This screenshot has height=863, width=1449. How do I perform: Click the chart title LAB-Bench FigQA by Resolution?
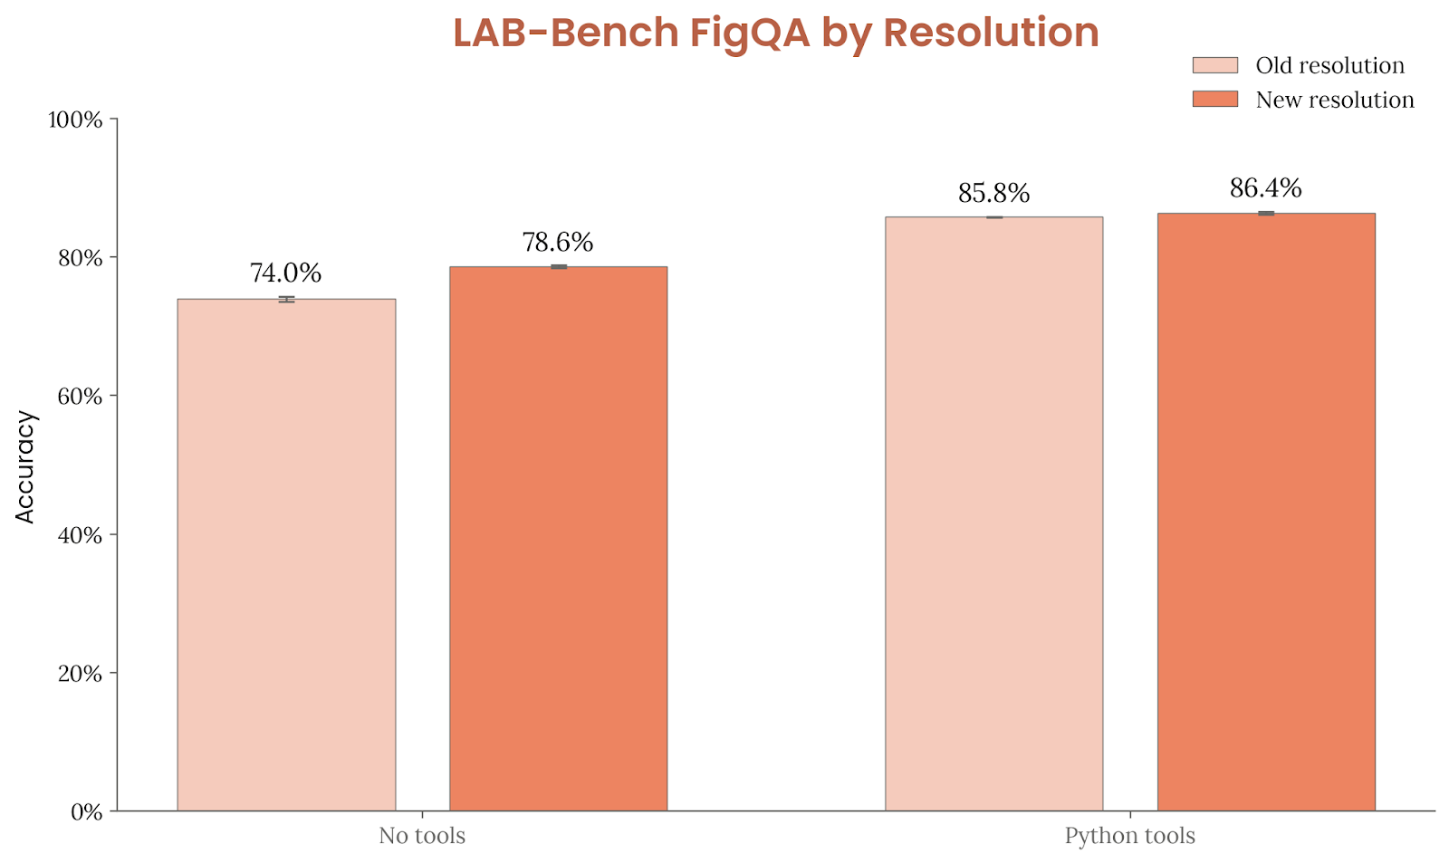click(775, 34)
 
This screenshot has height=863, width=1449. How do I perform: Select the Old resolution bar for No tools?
click(286, 554)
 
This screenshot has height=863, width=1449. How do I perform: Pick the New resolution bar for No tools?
click(558, 538)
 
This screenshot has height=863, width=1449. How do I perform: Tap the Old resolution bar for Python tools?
click(993, 513)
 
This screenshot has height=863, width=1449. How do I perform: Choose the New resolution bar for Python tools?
click(1265, 512)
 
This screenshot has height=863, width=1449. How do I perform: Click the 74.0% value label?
click(285, 273)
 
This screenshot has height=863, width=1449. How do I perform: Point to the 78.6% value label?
click(558, 243)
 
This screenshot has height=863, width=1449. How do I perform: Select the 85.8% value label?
click(993, 193)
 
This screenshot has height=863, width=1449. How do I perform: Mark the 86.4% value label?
click(1265, 188)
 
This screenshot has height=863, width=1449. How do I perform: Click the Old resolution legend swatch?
click(1214, 65)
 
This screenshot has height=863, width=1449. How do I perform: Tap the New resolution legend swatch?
click(1214, 99)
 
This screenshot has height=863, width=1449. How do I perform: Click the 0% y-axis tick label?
click(86, 812)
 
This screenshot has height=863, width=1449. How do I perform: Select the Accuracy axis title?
click(25, 466)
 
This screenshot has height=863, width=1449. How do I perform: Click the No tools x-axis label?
click(422, 836)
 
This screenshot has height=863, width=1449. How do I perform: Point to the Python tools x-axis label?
click(1129, 836)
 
